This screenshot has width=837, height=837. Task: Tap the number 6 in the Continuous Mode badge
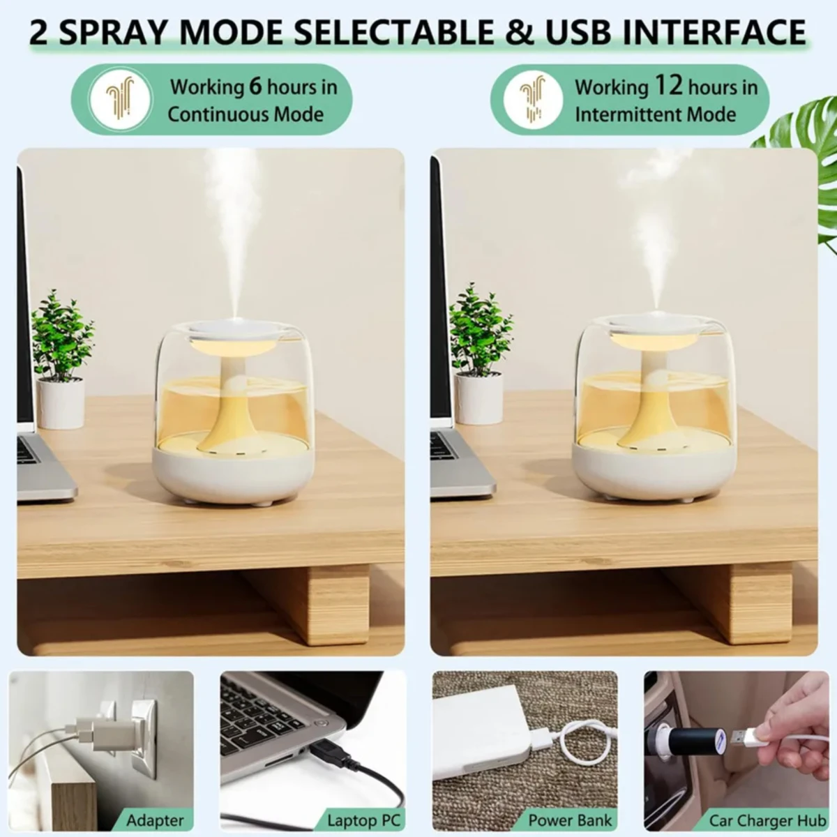[256, 86]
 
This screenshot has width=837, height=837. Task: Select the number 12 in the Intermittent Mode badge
[668, 86]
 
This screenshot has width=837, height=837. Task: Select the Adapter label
[155, 820]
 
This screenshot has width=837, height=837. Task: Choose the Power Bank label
[570, 820]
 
